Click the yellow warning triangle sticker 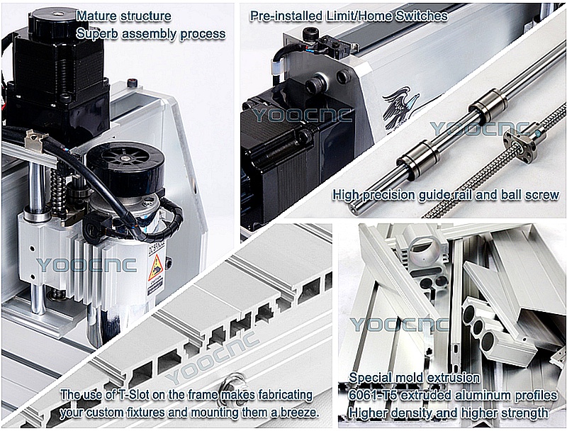156,267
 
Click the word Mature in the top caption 96,16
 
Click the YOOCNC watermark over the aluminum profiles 399,325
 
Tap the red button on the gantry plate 132,83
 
